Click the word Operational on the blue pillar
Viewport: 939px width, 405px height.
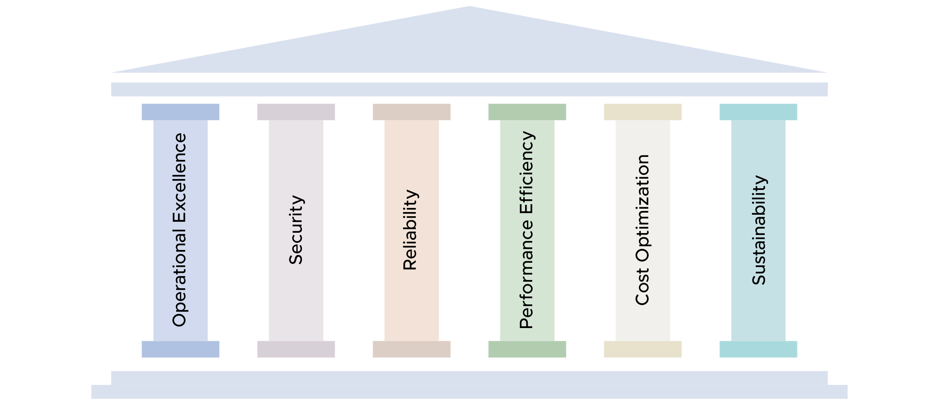pyautogui.click(x=180, y=277)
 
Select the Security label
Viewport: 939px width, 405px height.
pyautogui.click(x=296, y=230)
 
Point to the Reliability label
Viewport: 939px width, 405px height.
pyautogui.click(x=411, y=230)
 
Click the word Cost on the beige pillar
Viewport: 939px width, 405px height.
pyautogui.click(x=642, y=286)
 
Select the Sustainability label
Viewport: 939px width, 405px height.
pyautogui.click(x=759, y=230)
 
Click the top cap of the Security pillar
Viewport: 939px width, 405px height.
pyautogui.click(x=296, y=112)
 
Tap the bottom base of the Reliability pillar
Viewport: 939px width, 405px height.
pyautogui.click(x=411, y=349)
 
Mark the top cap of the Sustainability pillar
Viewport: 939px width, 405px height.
pyautogui.click(x=758, y=112)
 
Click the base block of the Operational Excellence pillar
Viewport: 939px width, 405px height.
pyautogui.click(x=180, y=349)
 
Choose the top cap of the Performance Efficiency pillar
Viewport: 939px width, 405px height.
pyautogui.click(x=527, y=112)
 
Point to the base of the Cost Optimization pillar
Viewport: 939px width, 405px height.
pyautogui.click(x=643, y=349)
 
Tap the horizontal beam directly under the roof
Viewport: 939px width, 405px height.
pyautogui.click(x=469, y=89)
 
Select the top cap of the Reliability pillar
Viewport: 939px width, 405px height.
pyautogui.click(x=411, y=112)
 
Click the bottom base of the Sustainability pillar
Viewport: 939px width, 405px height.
pyautogui.click(x=758, y=349)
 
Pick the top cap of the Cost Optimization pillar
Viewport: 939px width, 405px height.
pyautogui.click(x=643, y=112)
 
